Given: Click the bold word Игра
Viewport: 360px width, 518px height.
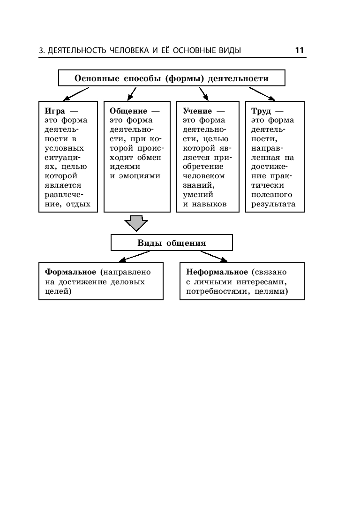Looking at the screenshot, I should [x=54, y=111].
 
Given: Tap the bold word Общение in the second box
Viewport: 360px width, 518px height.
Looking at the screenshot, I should [x=128, y=111].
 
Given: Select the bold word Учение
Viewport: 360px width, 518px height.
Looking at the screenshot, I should [x=197, y=111].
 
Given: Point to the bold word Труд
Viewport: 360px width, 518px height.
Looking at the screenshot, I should [x=261, y=111].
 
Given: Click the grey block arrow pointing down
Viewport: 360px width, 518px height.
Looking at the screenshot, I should [x=136, y=223].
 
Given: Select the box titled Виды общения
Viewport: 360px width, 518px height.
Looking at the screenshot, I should [x=172, y=243].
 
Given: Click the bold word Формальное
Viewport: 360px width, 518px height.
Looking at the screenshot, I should [x=70, y=272].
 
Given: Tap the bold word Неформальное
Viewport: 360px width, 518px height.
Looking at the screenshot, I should [x=217, y=272].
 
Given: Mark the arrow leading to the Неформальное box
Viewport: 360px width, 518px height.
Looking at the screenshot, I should [x=213, y=256].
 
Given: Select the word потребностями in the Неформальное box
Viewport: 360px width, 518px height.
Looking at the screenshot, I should [x=214, y=291].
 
